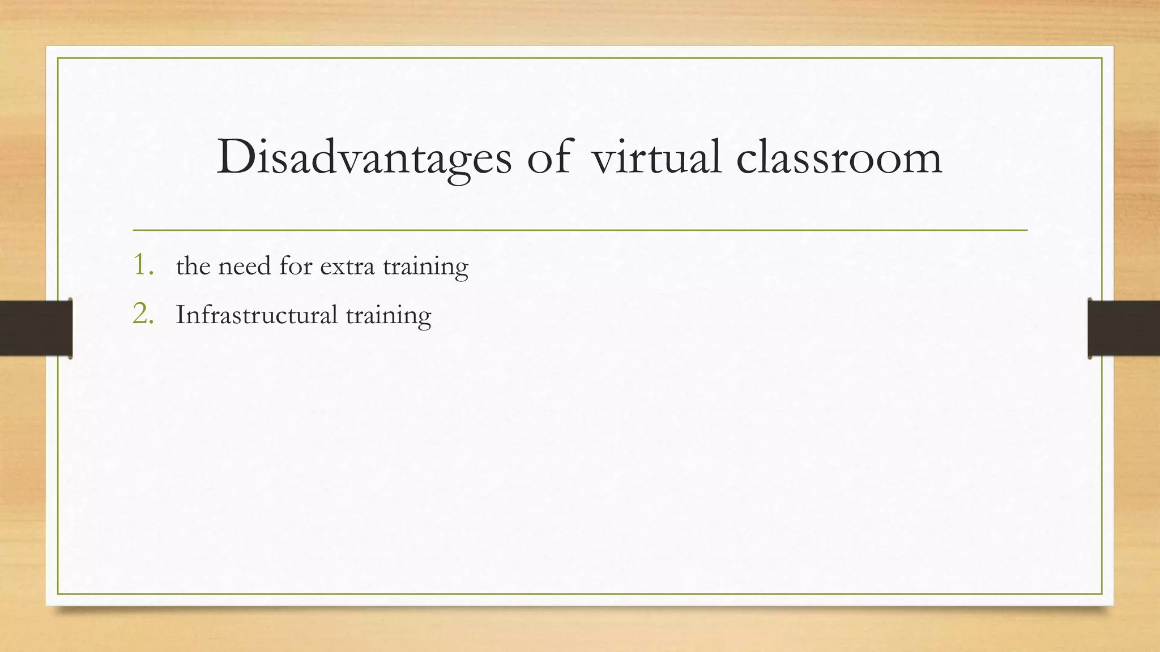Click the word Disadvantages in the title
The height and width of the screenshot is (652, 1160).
tap(364, 157)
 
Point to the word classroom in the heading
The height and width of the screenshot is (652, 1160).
tap(839, 157)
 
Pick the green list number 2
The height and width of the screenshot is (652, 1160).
tap(143, 314)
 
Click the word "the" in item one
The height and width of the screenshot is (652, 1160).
tap(193, 265)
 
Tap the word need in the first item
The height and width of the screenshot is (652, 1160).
tap(244, 265)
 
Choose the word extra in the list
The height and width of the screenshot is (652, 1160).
tap(347, 266)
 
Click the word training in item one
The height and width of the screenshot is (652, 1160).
tap(425, 267)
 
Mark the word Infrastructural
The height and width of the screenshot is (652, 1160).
tap(257, 315)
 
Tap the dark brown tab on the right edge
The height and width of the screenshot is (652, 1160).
tap(1124, 328)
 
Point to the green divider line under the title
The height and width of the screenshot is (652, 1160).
tap(580, 230)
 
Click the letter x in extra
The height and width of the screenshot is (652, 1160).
tap(339, 267)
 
